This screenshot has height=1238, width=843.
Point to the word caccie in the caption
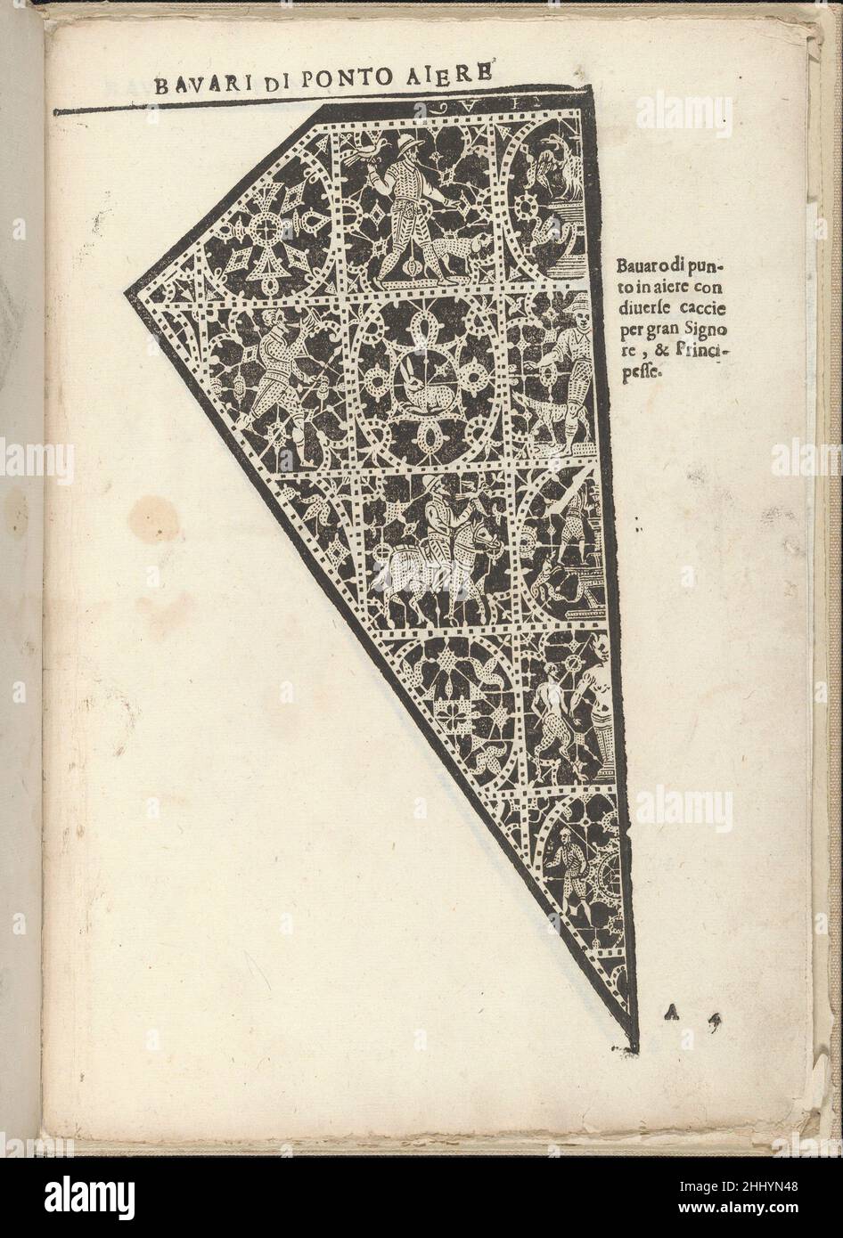coord(707,308)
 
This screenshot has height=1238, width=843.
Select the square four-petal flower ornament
coord(443,713)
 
